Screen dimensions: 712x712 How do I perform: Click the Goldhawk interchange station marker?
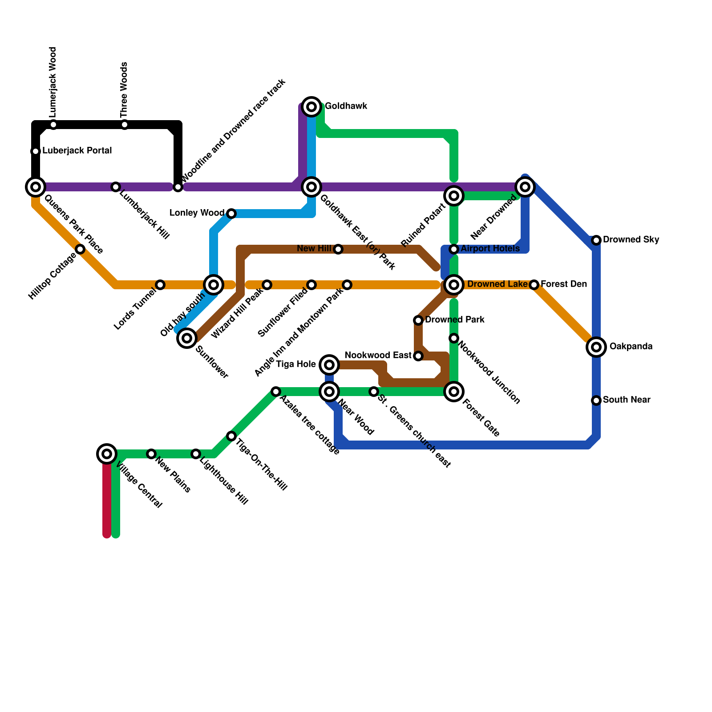tap(311, 106)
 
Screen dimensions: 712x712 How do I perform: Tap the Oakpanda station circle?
tap(596, 347)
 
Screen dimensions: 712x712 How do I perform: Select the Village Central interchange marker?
tap(106, 453)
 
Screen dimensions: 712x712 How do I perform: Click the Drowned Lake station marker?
tap(453, 284)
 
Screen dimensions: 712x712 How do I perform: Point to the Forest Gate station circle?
tap(453, 391)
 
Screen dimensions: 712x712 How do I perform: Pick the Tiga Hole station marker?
tap(329, 365)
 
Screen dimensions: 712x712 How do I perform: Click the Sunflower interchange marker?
tap(187, 338)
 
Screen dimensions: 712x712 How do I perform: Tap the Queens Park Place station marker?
tap(36, 186)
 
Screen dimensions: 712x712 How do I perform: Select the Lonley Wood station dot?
tap(231, 214)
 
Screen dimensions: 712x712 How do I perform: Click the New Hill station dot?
tap(338, 249)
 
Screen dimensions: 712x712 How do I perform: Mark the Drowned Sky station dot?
tap(596, 240)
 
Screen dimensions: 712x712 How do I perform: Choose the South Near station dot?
tap(596, 400)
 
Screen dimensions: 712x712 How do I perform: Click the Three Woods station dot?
tap(125, 125)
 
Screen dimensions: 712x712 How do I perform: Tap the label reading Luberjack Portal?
tap(77, 151)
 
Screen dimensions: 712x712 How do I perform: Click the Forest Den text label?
tap(563, 284)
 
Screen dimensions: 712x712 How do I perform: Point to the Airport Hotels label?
tap(490, 249)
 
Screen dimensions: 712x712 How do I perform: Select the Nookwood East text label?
tap(378, 356)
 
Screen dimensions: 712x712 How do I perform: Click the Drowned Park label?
tap(454, 320)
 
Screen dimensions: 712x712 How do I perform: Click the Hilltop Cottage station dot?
tap(80, 249)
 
